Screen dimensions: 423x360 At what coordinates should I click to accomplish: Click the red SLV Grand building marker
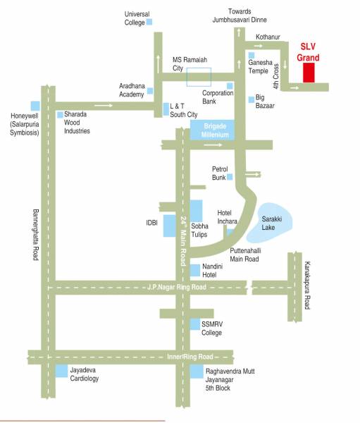pos(309,72)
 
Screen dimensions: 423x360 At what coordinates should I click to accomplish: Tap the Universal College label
pos(137,18)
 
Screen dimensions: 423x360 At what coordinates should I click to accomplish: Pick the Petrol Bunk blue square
pos(229,177)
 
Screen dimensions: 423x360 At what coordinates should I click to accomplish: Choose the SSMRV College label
pos(212,329)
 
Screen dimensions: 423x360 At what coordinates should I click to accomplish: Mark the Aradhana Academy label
pos(132,90)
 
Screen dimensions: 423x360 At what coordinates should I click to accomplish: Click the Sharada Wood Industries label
pos(78,122)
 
